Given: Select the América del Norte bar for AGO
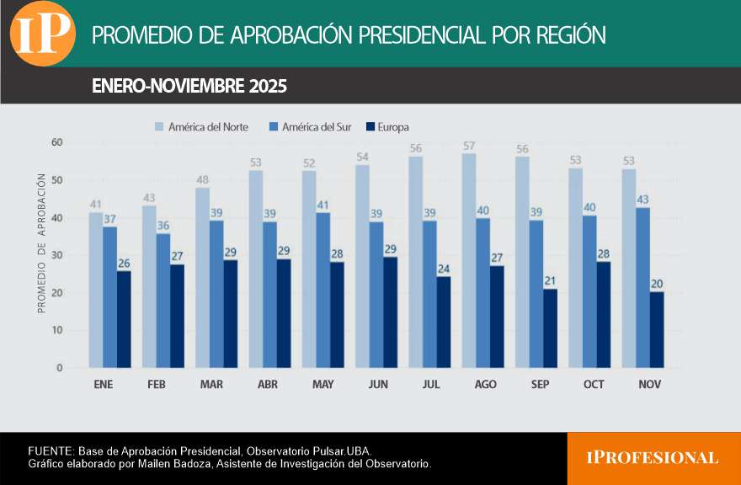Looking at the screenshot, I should pyautogui.click(x=469, y=261).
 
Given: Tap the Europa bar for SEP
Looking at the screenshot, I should pyautogui.click(x=550, y=328).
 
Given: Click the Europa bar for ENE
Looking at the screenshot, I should pyautogui.click(x=124, y=319).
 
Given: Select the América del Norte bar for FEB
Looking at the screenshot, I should pyautogui.click(x=149, y=286).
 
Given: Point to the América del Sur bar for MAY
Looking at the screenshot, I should pyautogui.click(x=323, y=290).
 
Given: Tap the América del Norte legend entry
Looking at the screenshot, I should pyautogui.click(x=201, y=127).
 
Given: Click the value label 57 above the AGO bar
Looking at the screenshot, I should pyautogui.click(x=469, y=146).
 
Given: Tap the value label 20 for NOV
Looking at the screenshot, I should pyautogui.click(x=657, y=284).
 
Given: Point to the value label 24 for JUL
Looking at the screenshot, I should pyautogui.click(x=444, y=269).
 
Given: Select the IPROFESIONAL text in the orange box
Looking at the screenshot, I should pyautogui.click(x=653, y=458).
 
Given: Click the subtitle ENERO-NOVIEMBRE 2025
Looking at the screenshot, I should pyautogui.click(x=189, y=87).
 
